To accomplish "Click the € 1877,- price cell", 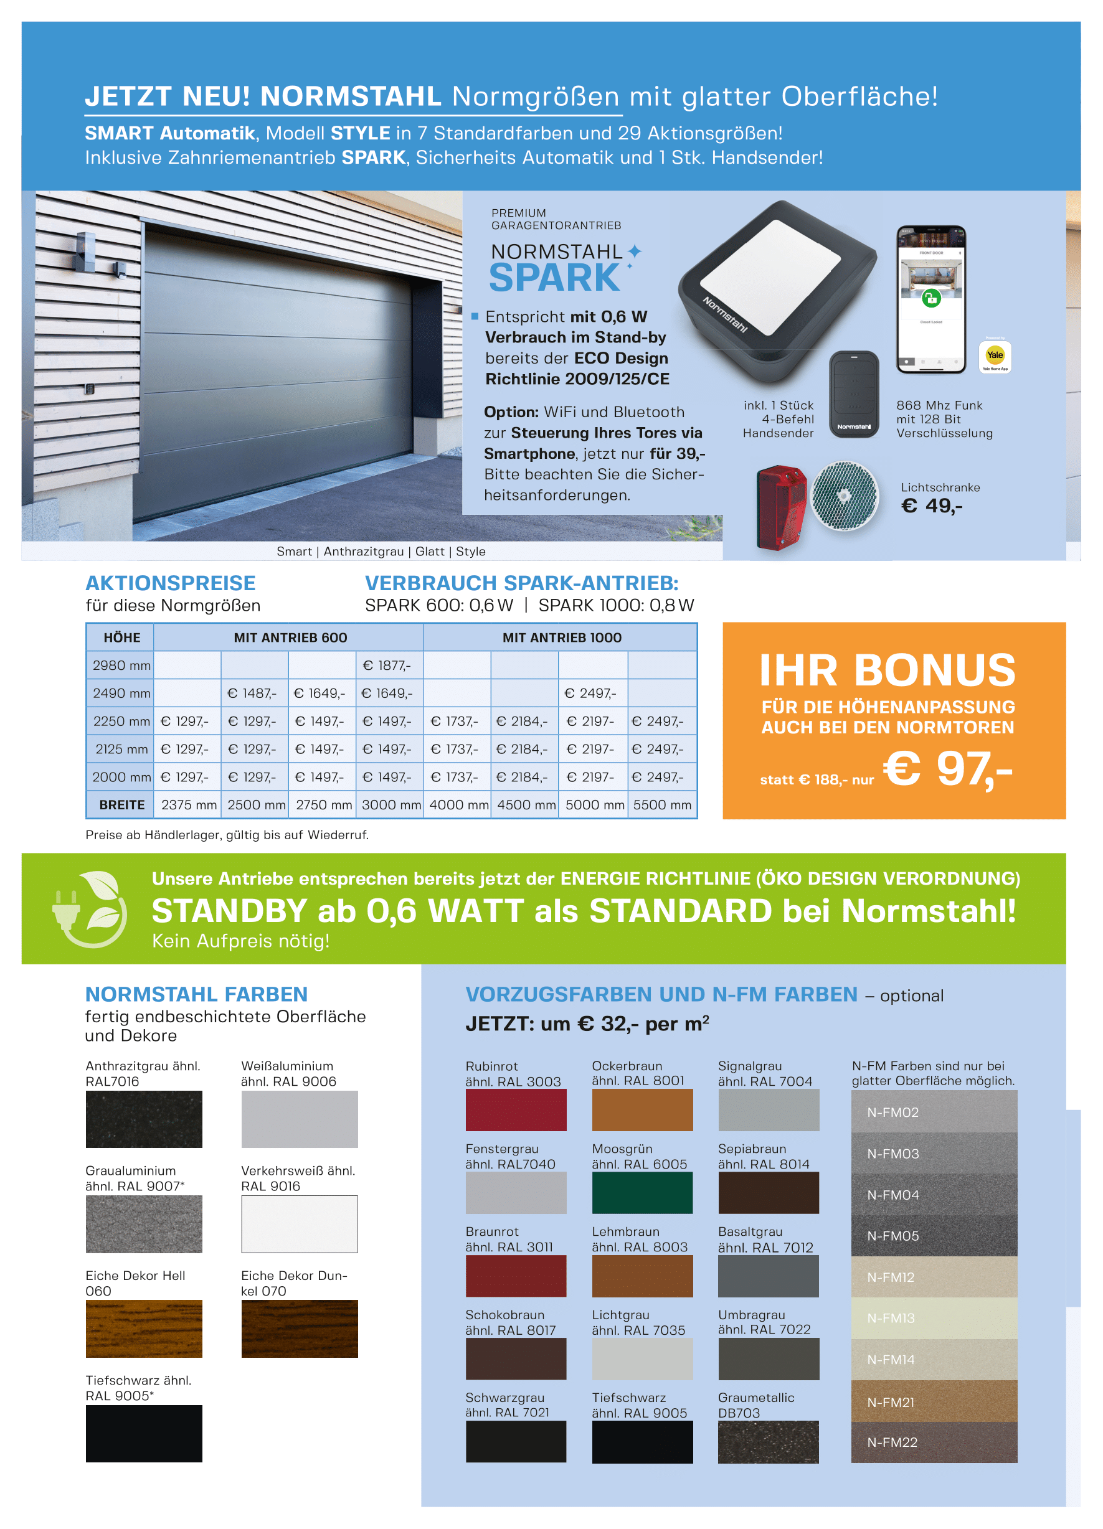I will (x=387, y=666).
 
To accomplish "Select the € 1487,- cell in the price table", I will (x=252, y=693).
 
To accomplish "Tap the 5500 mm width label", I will (x=662, y=805).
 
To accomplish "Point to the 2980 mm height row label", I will (x=121, y=666).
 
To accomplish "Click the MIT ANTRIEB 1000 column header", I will (x=561, y=637).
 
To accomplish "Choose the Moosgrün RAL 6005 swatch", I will (x=641, y=1193).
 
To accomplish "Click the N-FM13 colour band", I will (x=934, y=1318).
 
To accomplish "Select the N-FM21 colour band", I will (x=934, y=1401).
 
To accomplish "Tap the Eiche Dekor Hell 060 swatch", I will (x=144, y=1329).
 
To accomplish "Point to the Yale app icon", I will (x=995, y=355).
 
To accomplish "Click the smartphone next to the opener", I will (x=931, y=299).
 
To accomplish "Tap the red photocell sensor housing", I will (x=780, y=506).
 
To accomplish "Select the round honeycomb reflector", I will (x=845, y=496).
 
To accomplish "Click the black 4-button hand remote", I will (x=853, y=394).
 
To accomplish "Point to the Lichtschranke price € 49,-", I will (x=932, y=506).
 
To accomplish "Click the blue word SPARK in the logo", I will (x=554, y=278).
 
